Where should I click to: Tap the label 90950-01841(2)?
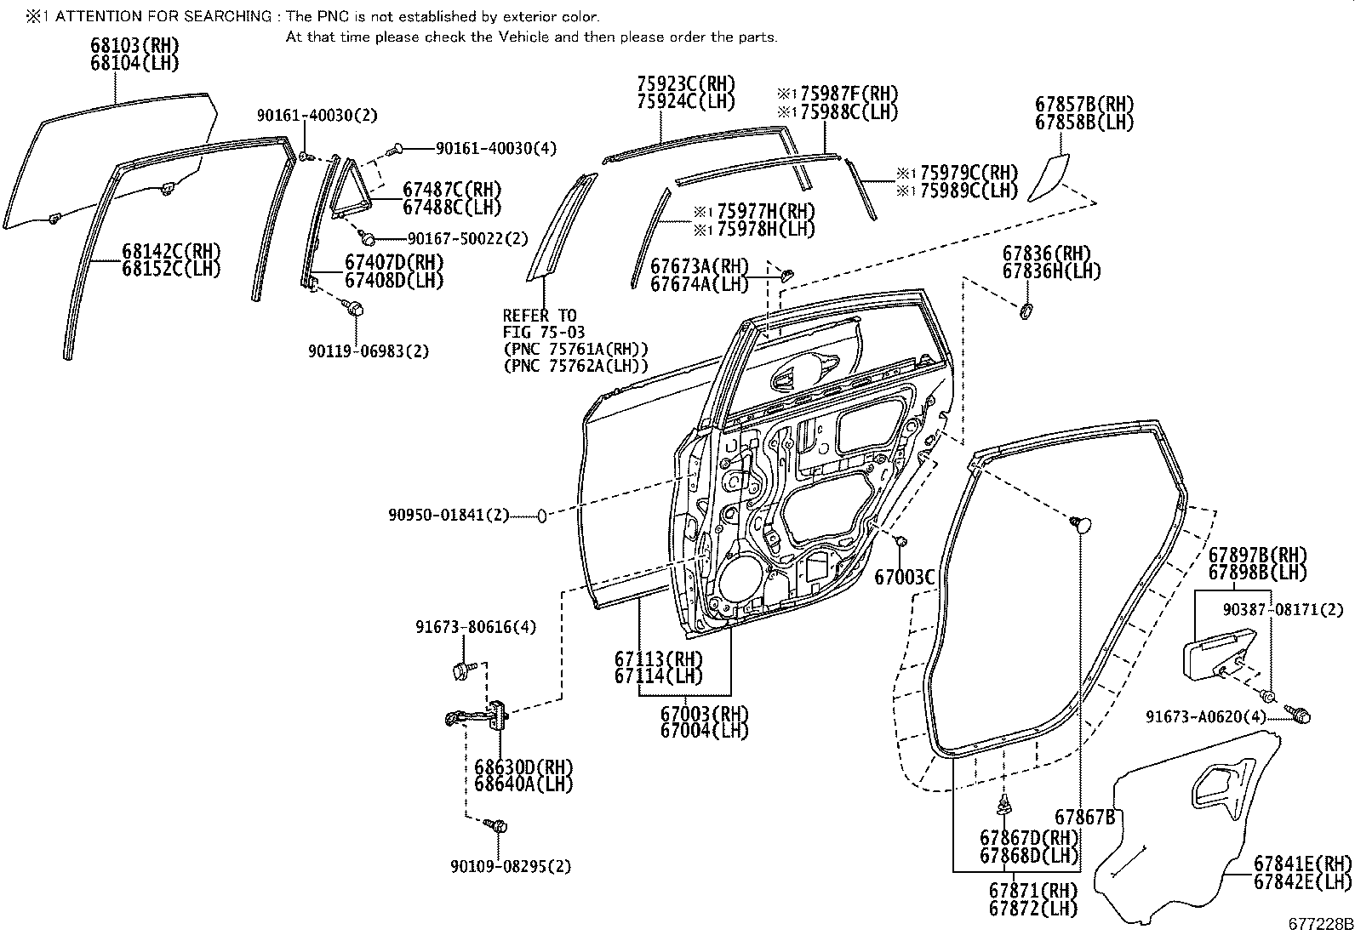(x=448, y=515)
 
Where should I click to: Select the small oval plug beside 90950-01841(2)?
(x=541, y=516)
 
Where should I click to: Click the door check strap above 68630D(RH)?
(x=478, y=717)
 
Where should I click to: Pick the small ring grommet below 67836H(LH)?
(x=1026, y=311)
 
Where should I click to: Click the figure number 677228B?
(x=1318, y=923)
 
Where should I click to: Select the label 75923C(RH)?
(x=685, y=83)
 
